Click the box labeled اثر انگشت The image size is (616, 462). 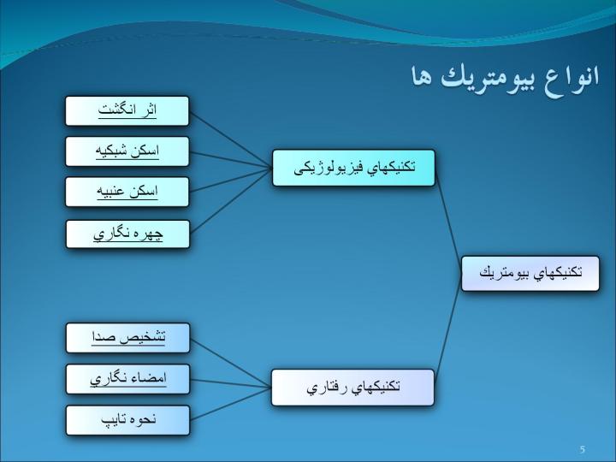[127, 110]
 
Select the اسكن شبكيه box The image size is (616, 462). [127, 151]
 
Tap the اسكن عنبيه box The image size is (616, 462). [127, 192]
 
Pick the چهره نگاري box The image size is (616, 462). [127, 234]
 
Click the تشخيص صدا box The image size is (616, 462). [127, 338]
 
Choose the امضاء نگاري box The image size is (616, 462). [127, 379]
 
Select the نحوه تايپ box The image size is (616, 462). [127, 420]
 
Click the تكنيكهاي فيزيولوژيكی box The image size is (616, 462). [353, 168]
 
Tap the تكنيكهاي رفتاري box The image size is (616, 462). [352, 388]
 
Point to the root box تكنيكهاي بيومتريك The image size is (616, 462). [530, 274]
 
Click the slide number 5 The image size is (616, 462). [583, 449]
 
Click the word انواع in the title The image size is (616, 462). [572, 76]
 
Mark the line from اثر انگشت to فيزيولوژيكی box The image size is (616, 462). [231, 139]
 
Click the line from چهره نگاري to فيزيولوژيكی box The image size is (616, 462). [231, 201]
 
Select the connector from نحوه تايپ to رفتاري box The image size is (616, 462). [231, 404]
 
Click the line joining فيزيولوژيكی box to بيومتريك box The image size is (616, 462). [448, 221]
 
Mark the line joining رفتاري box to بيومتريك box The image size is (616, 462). [447, 330]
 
